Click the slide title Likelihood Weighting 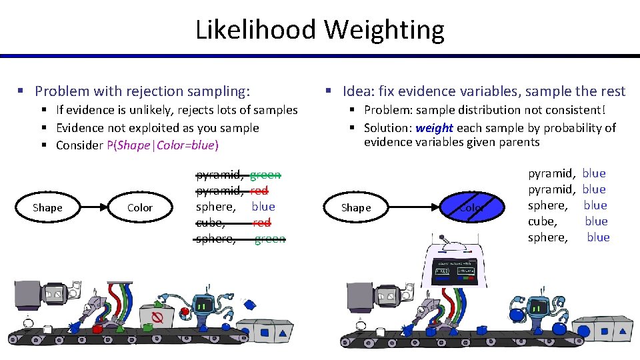[320, 30]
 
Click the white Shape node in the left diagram [47, 208]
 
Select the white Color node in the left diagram [140, 208]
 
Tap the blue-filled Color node [471, 207]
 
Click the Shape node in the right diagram [356, 208]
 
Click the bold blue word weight [434, 128]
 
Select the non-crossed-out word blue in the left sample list [263, 207]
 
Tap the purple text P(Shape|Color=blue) [163, 145]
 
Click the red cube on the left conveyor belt [97, 329]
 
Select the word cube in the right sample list [541, 221]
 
